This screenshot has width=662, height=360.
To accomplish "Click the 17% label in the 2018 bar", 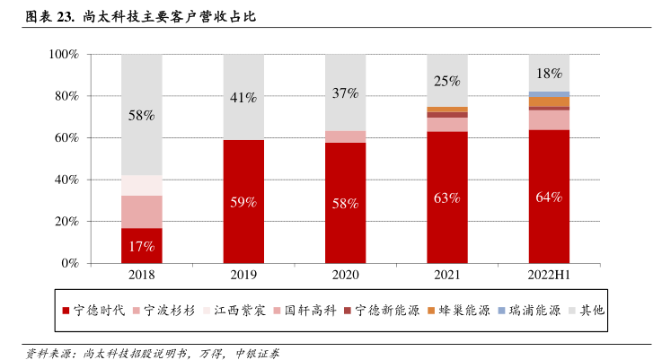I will point(142,245).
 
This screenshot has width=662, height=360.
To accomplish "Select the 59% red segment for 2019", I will point(244,202).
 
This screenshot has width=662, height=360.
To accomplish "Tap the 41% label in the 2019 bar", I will point(244,97).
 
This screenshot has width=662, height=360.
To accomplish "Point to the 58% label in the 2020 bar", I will point(346,203).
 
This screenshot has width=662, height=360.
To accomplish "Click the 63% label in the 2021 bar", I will point(447,198).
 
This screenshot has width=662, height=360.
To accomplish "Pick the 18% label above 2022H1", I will point(549,73).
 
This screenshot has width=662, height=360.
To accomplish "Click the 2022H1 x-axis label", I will point(549,276).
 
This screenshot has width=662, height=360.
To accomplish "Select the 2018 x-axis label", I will point(142,276).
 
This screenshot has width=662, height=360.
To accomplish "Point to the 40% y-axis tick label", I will point(68,180).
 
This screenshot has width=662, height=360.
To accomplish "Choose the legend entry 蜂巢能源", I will point(463,311).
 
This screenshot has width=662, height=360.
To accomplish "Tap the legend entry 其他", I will point(591,311).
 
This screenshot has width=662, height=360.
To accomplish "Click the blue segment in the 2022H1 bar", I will point(549,93).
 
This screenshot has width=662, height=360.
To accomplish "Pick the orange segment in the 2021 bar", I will point(447,109).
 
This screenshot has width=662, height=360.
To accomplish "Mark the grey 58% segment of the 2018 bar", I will point(142,115).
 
